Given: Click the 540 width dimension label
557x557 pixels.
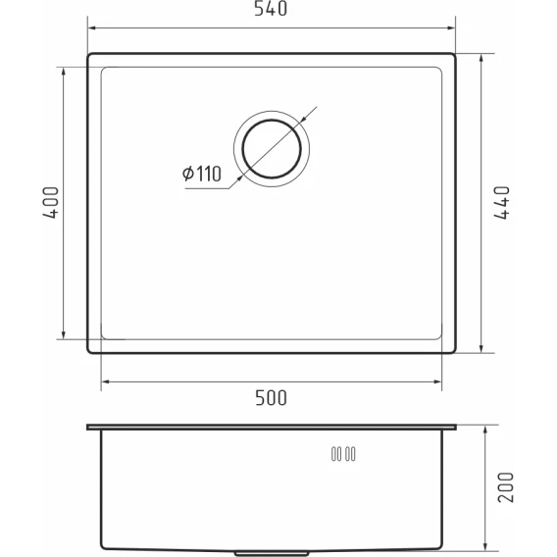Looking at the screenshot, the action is pyautogui.click(x=271, y=9).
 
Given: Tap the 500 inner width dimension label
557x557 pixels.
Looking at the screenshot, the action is pyautogui.click(x=271, y=398).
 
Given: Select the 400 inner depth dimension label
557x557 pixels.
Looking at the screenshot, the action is pyautogui.click(x=51, y=203).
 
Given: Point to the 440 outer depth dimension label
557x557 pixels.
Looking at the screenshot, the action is pyautogui.click(x=501, y=203).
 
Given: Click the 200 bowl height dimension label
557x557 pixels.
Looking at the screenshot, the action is pyautogui.click(x=506, y=487).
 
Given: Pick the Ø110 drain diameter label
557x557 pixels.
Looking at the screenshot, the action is pyautogui.click(x=201, y=174).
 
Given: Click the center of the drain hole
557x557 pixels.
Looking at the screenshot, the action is pyautogui.click(x=272, y=148).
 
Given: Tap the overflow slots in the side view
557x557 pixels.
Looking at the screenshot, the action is pyautogui.click(x=343, y=454).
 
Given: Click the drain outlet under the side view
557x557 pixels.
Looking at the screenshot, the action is pyautogui.click(x=272, y=553).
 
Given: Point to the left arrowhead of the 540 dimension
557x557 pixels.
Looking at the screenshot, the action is pyautogui.click(x=93, y=28).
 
